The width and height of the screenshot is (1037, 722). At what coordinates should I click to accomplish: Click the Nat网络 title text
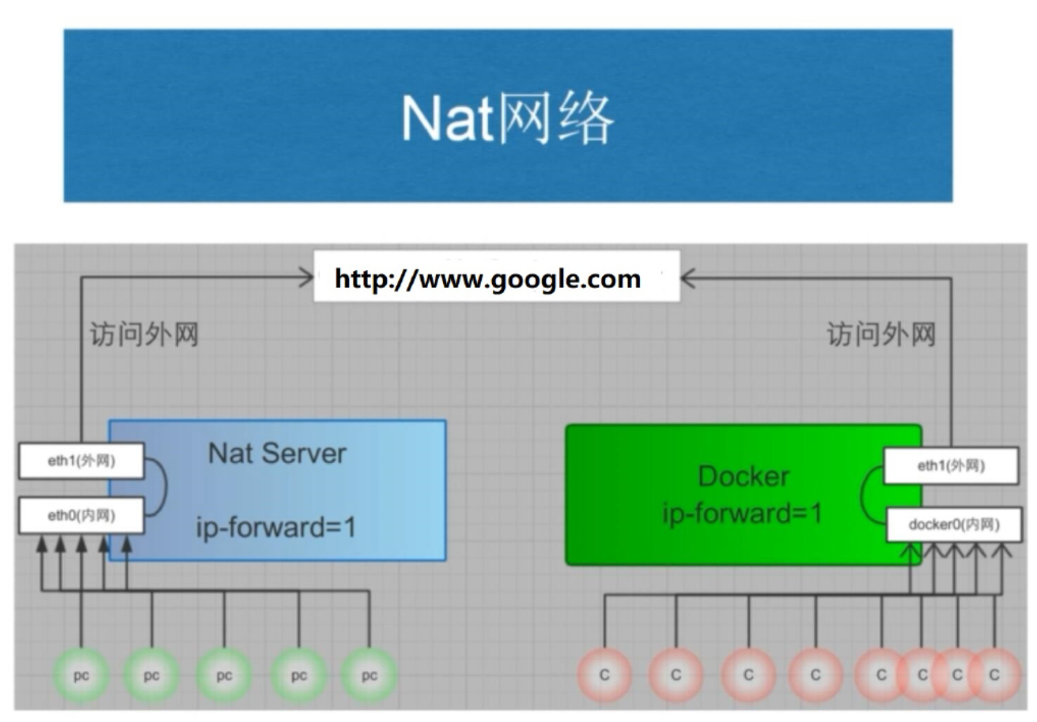(x=507, y=118)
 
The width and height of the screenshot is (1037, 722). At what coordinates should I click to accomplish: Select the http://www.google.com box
(x=496, y=276)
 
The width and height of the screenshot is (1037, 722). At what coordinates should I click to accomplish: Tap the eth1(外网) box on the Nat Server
(x=82, y=461)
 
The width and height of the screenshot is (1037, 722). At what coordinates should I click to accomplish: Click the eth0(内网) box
(x=82, y=515)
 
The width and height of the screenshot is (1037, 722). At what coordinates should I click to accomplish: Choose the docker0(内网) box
(x=954, y=524)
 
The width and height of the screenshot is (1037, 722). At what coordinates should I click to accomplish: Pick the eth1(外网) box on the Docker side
(x=951, y=466)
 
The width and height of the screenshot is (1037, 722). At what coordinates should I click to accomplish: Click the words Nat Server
(x=277, y=453)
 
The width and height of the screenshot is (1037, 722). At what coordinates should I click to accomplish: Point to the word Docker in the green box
(x=743, y=477)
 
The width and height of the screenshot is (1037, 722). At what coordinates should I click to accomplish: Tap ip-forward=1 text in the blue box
(x=276, y=528)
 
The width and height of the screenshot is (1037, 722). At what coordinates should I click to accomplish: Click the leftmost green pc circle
(x=81, y=675)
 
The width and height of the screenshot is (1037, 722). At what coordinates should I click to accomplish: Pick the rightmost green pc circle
(x=369, y=675)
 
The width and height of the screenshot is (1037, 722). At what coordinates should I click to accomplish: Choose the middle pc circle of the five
(x=224, y=675)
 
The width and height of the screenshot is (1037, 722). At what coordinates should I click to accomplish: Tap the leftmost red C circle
(x=604, y=675)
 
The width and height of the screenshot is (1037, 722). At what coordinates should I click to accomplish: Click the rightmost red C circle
(x=994, y=675)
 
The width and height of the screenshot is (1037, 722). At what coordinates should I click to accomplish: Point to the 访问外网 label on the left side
(x=144, y=334)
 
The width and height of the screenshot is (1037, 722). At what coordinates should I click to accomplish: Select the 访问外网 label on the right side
(x=881, y=334)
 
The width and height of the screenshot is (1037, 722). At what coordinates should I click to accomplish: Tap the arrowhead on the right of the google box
(x=689, y=279)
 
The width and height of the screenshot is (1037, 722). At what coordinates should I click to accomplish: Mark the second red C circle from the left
(x=676, y=675)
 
